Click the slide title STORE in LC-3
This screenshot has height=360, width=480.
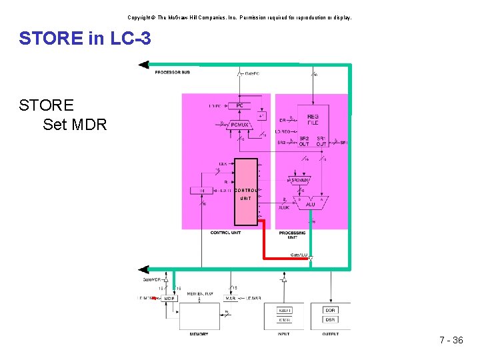point(85,39)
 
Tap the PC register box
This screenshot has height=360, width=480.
point(239,105)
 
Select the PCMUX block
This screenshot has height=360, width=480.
point(239,124)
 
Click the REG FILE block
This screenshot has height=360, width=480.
point(313,119)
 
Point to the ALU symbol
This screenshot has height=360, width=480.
point(311,203)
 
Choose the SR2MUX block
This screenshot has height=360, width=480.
point(299,180)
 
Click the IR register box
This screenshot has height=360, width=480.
point(202,191)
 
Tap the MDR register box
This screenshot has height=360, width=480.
point(169,298)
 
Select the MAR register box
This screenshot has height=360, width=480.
point(230,298)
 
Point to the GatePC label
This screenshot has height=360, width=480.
point(252,73)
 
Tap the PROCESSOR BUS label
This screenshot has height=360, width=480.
point(172,72)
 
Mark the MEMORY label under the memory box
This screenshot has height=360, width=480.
point(199,334)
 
